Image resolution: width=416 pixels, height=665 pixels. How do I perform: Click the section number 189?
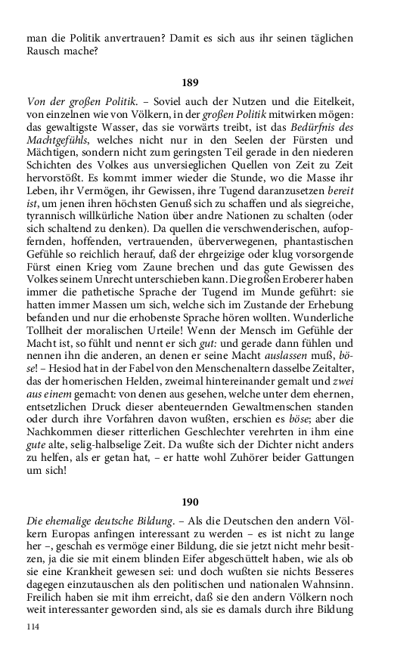pos(190,82)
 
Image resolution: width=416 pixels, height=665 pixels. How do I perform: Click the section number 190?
pos(190,502)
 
